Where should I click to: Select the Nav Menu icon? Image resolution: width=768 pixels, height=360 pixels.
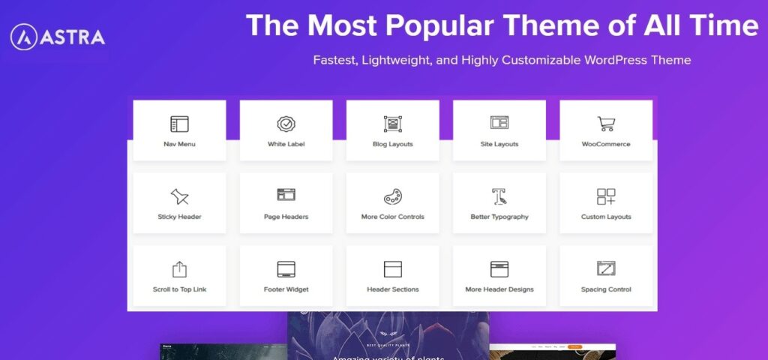(179, 124)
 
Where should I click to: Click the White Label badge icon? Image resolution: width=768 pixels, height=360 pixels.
(286, 124)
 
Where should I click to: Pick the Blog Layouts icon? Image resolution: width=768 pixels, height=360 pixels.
(392, 124)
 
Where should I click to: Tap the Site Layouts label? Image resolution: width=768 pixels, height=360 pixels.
(499, 144)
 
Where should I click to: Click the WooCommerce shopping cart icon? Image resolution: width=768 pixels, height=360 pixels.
(606, 124)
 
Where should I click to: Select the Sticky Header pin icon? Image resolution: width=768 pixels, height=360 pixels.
(179, 196)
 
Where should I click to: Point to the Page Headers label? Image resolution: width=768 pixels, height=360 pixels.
(286, 217)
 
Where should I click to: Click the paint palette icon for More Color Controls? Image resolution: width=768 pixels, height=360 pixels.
(392, 196)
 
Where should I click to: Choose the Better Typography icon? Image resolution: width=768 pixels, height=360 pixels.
(499, 196)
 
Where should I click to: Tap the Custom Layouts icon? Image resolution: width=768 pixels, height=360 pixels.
(606, 196)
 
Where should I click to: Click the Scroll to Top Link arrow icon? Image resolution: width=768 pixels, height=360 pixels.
(179, 268)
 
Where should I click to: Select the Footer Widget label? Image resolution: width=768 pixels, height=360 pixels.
(286, 289)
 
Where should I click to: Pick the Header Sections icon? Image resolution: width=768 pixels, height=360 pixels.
(392, 268)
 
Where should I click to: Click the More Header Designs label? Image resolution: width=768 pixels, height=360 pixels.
(499, 289)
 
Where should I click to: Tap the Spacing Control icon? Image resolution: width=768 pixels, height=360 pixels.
(606, 268)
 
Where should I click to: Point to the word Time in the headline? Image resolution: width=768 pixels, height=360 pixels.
(722, 26)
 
